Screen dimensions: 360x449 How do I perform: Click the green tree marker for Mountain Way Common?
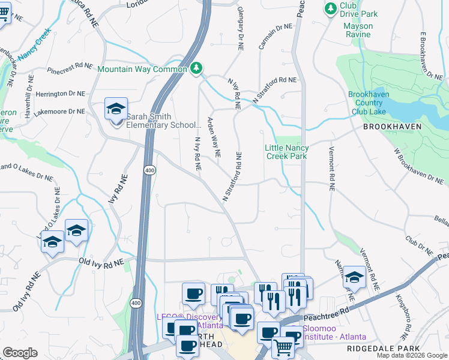coord(196,69)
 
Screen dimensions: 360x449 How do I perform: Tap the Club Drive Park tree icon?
coord(330,8)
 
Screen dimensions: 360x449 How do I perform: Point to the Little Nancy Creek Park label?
coord(287,152)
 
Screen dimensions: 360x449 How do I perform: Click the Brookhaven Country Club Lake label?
coord(369,103)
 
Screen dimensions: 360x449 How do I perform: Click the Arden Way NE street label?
coord(213,137)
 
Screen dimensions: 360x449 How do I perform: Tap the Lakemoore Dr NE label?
coord(61,112)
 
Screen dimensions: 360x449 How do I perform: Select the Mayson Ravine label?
coord(358,30)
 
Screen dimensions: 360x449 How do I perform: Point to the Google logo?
coord(20,353)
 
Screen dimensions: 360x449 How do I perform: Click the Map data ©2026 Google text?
coord(411,355)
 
